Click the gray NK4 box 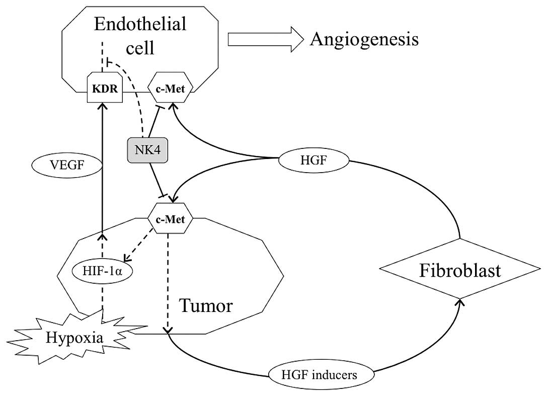pyautogui.click(x=147, y=150)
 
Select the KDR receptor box pyautogui.click(x=105, y=88)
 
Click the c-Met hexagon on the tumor pyautogui.click(x=170, y=218)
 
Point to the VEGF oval pyautogui.click(x=67, y=165)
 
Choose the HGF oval pyautogui.click(x=314, y=161)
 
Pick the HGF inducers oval pyautogui.click(x=321, y=375)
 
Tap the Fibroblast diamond pyautogui.click(x=460, y=269)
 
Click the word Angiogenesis pyautogui.click(x=364, y=39)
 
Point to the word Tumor pyautogui.click(x=206, y=306)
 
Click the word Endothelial pyautogui.click(x=140, y=25)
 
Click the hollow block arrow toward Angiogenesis pyautogui.click(x=266, y=40)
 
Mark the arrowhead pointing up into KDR pyautogui.click(x=103, y=106)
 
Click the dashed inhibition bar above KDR pyautogui.click(x=109, y=62)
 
